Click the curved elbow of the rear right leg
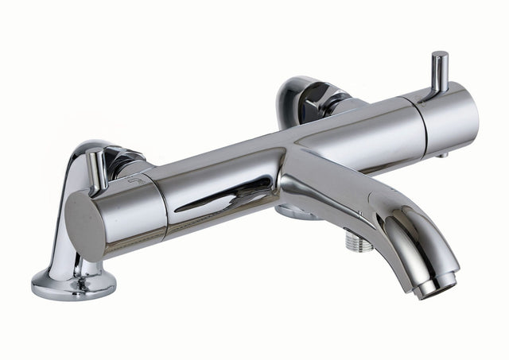coord(294,95)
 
